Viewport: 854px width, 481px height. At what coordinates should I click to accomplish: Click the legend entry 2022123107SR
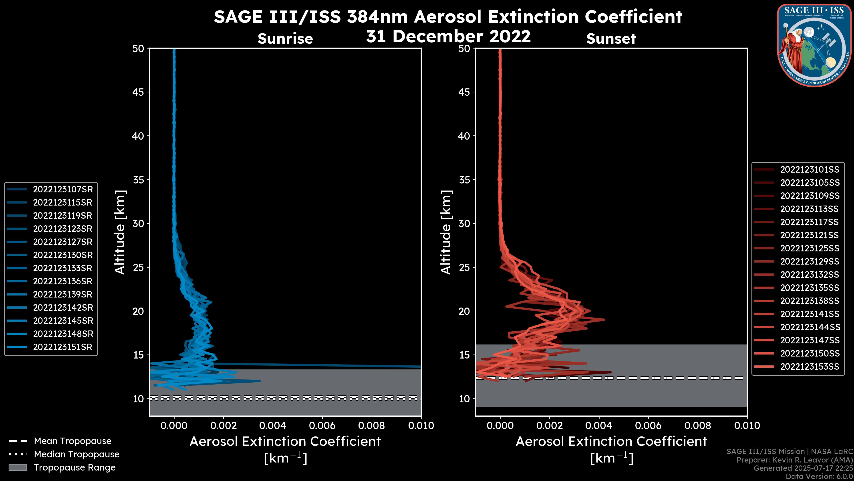(x=63, y=190)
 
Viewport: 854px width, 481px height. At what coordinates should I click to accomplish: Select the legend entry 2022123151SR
(x=63, y=347)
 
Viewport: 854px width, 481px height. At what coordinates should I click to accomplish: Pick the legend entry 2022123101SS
(x=809, y=170)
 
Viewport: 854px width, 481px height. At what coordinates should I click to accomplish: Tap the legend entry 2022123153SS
(x=809, y=367)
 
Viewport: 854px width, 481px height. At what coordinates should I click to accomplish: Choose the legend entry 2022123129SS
(x=809, y=262)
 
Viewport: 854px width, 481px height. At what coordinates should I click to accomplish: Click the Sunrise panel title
(x=285, y=39)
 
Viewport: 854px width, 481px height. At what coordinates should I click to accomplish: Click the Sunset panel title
(x=611, y=39)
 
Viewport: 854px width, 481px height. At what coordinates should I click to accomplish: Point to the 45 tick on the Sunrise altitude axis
(x=138, y=92)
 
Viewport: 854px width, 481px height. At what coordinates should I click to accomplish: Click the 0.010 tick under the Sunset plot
(x=747, y=426)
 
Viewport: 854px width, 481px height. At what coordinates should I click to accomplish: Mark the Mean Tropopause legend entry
(x=72, y=441)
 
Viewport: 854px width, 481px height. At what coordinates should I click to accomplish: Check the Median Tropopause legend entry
(x=76, y=455)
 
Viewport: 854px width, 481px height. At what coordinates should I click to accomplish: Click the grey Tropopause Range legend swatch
(x=18, y=467)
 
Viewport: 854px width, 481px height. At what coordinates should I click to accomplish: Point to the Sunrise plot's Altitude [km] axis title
(x=120, y=232)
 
